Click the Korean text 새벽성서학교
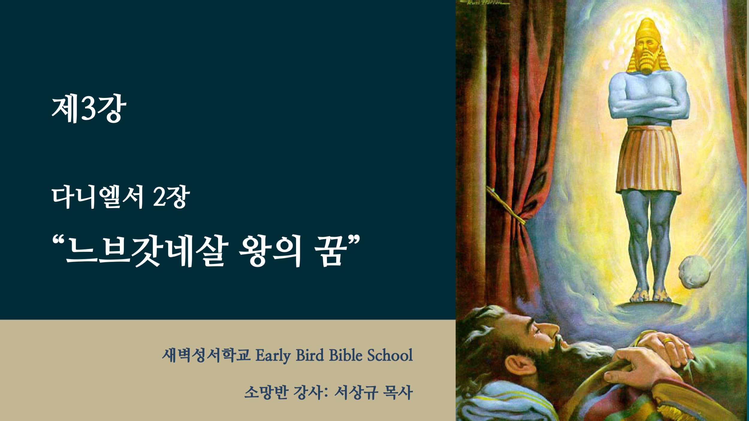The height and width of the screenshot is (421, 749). point(206,355)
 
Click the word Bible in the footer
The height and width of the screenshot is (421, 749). point(345,355)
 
